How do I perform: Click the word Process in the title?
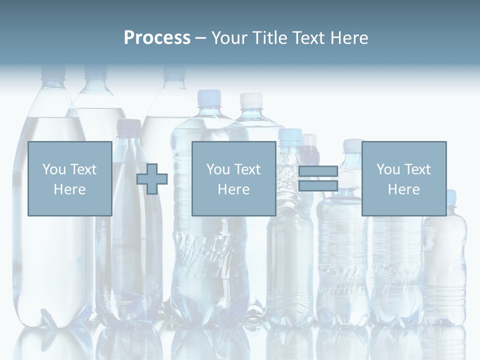pos(157,38)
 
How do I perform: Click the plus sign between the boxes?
pos(152,179)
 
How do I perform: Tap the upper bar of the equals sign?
pos(318,171)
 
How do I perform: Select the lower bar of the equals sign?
pos(318,186)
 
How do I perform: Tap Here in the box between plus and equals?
pos(233,189)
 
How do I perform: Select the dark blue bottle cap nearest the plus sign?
pos(128,126)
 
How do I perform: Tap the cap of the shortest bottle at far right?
pos(450,196)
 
